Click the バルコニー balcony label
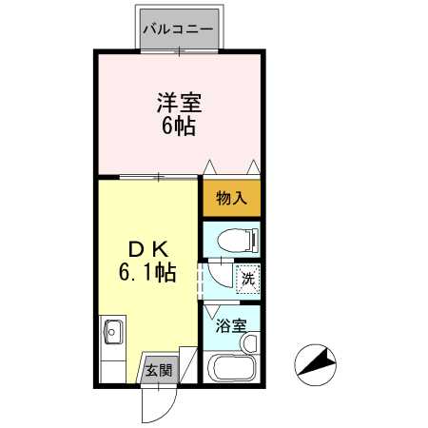coord(178,29)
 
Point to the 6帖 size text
coord(179,126)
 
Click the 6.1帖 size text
coord(147,273)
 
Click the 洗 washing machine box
coord(246,280)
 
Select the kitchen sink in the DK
coord(111,332)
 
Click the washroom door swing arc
coord(218,277)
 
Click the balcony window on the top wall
coord(178,50)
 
